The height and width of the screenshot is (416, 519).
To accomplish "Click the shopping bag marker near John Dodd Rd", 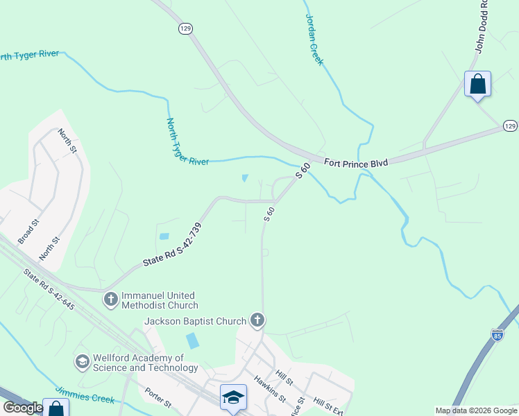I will pyautogui.click(x=477, y=85).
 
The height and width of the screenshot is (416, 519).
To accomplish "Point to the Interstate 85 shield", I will pyautogui.click(x=497, y=336).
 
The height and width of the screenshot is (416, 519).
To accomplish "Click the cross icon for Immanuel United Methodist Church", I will pyautogui.click(x=110, y=300).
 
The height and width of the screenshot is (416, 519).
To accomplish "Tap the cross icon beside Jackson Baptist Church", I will pyautogui.click(x=257, y=320).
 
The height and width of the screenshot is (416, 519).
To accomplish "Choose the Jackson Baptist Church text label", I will pyautogui.click(x=195, y=321).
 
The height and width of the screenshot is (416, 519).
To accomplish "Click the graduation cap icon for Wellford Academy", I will pyautogui.click(x=83, y=362).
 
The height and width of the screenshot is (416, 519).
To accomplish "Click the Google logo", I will pyautogui.click(x=24, y=408).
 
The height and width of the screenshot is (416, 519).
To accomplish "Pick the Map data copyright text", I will pyautogui.click(x=476, y=410).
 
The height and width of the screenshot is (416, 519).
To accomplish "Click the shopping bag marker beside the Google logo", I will pyautogui.click(x=56, y=408).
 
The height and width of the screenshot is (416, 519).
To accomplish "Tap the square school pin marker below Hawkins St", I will pyautogui.click(x=233, y=398).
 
